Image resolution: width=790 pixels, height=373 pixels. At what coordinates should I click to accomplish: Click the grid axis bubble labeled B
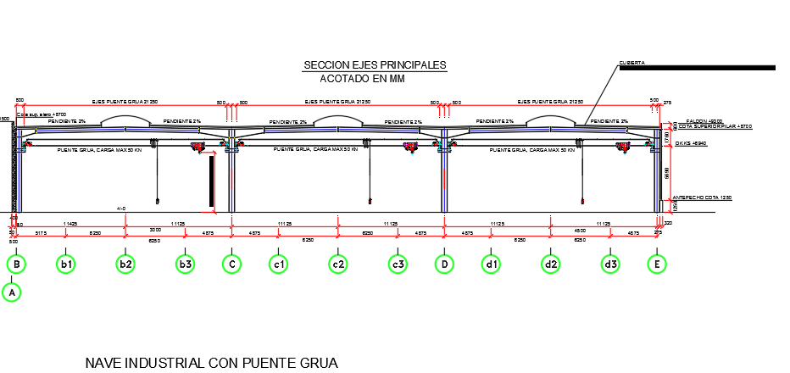16,264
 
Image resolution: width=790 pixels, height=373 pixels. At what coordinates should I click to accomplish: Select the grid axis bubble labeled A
12,292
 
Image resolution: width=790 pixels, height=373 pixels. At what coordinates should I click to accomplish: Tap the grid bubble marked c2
339,264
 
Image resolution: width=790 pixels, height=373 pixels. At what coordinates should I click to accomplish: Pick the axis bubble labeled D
444,264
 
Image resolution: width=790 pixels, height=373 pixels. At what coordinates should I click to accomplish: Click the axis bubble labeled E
657,264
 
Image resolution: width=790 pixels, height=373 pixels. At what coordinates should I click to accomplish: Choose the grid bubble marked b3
186,264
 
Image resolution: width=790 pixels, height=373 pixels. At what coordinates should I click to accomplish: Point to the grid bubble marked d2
551,264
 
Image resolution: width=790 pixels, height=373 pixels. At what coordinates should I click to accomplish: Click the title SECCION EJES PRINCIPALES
374,65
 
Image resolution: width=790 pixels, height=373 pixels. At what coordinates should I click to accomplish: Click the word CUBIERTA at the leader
631,62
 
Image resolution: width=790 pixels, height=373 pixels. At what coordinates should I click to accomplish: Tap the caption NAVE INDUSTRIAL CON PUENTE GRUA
212,363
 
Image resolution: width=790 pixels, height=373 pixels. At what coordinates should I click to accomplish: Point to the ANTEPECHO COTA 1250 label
701,198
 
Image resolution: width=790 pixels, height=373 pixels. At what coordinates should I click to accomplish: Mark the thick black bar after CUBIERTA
696,67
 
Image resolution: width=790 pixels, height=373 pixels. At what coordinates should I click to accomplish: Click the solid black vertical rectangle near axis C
211,181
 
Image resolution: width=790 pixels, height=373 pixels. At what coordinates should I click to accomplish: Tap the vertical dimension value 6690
668,173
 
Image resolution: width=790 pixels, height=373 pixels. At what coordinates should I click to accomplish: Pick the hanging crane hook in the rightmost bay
582,201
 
